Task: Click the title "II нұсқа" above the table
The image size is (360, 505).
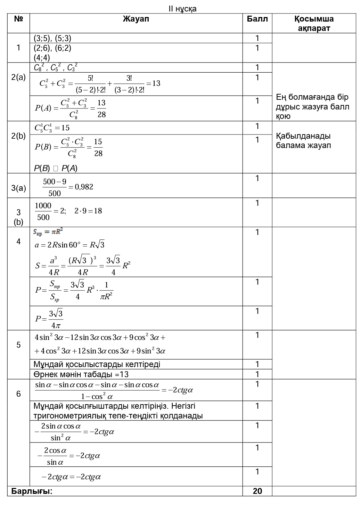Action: tap(182, 9)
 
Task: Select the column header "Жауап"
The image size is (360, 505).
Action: tap(136, 19)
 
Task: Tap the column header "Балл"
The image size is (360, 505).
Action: tap(257, 19)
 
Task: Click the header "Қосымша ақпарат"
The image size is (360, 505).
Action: tap(314, 24)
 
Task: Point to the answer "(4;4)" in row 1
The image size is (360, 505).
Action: tap(42, 58)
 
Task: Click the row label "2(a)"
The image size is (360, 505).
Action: tap(18, 78)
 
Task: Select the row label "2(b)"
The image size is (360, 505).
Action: tap(18, 136)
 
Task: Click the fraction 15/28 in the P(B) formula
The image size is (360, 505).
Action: tap(98, 147)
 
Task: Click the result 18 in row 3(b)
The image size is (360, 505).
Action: tap(98, 211)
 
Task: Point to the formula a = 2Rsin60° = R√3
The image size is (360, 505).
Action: tap(69, 245)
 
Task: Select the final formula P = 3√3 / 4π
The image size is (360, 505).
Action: tap(49, 319)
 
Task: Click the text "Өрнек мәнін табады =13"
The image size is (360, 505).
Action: tap(81, 374)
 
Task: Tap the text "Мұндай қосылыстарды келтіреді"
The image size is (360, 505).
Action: tap(97, 364)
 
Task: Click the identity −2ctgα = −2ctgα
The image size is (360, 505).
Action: tap(71, 477)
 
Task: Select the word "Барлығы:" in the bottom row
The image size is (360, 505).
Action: tap(32, 491)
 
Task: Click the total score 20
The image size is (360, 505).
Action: tap(257, 491)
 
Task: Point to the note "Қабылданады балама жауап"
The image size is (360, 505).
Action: tap(303, 140)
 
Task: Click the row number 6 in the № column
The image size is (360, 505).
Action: tap(18, 394)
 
